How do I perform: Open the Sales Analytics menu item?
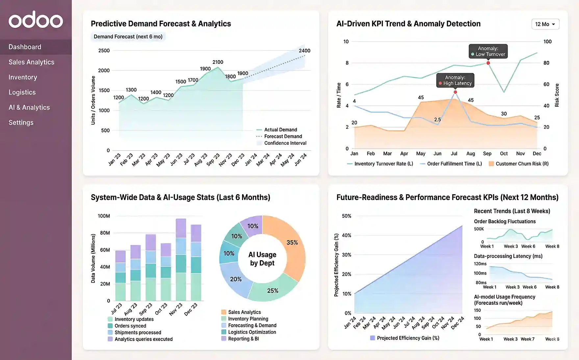point(31,62)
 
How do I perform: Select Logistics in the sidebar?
point(22,92)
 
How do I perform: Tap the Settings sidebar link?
point(21,122)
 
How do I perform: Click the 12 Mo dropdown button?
point(545,24)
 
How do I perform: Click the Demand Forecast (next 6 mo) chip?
point(128,37)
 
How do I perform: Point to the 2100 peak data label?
point(218,62)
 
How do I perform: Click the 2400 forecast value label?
point(304,51)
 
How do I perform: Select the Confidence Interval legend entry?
point(285,143)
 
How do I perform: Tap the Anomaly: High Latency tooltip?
point(455,80)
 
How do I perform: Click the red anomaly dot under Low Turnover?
point(488,63)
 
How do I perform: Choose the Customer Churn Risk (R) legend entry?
point(522,164)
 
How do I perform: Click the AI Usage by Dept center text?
point(262,259)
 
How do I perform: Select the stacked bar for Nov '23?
point(181,260)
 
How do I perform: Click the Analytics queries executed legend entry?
point(143,339)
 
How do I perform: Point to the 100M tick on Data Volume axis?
point(104,216)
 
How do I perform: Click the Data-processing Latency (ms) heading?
point(508,256)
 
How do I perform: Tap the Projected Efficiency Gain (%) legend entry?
point(408,338)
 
